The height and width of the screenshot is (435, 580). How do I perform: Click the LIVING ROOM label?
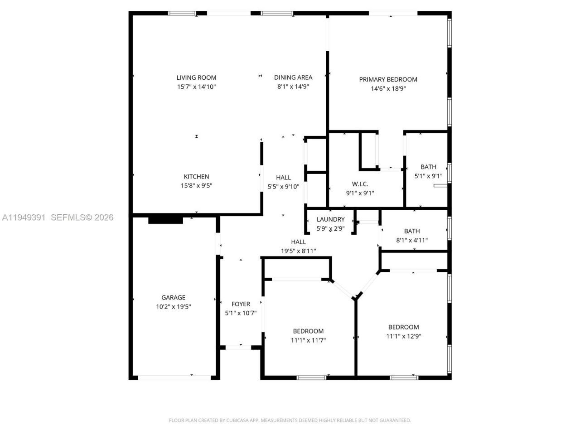(x=196, y=77)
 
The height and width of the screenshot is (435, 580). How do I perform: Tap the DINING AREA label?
(x=293, y=77)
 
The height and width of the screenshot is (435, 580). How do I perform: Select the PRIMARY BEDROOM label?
(x=388, y=79)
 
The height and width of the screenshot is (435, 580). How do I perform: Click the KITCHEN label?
(x=196, y=177)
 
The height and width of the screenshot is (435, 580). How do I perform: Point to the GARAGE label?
(x=173, y=298)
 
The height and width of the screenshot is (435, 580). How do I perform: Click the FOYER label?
(x=241, y=304)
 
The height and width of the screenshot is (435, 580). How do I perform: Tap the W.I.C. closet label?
(x=360, y=184)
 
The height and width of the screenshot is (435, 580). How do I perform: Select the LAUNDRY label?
(x=330, y=220)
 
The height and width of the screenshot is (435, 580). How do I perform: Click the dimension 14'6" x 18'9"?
(x=388, y=89)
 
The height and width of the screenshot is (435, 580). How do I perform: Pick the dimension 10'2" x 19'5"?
(x=173, y=307)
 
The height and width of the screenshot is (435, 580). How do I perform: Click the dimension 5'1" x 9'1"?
(x=428, y=176)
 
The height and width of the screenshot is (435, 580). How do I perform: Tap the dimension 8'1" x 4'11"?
(x=412, y=241)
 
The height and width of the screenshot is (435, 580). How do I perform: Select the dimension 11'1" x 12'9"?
(x=403, y=336)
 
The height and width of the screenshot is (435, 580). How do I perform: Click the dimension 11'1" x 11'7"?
(x=308, y=340)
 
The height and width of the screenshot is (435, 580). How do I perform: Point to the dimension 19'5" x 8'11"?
(x=298, y=251)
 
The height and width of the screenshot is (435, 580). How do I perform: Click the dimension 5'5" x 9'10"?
(x=283, y=186)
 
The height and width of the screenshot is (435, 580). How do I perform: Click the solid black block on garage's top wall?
(x=165, y=220)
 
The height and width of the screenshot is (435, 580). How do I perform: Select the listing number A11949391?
(x=24, y=217)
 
